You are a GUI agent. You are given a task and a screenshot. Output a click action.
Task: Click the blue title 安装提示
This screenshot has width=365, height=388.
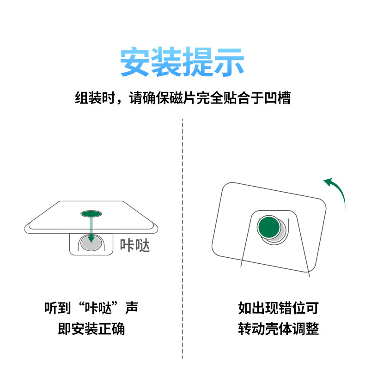click(x=182, y=61)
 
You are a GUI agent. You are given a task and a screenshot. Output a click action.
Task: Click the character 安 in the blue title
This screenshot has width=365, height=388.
click(x=135, y=61)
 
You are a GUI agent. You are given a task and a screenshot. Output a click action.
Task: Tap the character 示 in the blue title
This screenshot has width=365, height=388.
click(x=229, y=61)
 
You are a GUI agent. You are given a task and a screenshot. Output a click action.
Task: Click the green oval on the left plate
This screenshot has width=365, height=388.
click(x=91, y=213)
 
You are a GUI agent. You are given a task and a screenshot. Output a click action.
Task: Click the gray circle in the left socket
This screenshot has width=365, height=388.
click(x=91, y=243)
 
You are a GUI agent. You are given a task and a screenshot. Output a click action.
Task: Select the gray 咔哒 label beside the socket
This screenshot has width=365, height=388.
click(x=135, y=245)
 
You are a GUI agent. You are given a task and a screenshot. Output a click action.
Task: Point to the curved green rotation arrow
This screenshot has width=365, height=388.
click(x=339, y=190)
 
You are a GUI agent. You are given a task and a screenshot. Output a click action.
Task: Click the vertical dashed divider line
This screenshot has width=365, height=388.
click(x=182, y=238)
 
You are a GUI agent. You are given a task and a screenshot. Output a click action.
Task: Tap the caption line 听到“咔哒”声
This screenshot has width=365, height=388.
click(x=91, y=308)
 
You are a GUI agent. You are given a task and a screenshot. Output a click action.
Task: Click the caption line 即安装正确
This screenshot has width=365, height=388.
click(x=91, y=328)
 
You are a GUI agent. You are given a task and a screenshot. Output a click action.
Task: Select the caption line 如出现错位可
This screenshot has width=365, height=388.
click(x=279, y=308)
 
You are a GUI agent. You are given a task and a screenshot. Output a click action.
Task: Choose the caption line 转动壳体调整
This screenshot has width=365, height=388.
click(x=279, y=328)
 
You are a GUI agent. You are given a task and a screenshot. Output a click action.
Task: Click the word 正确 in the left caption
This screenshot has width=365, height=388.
click(x=111, y=328)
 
